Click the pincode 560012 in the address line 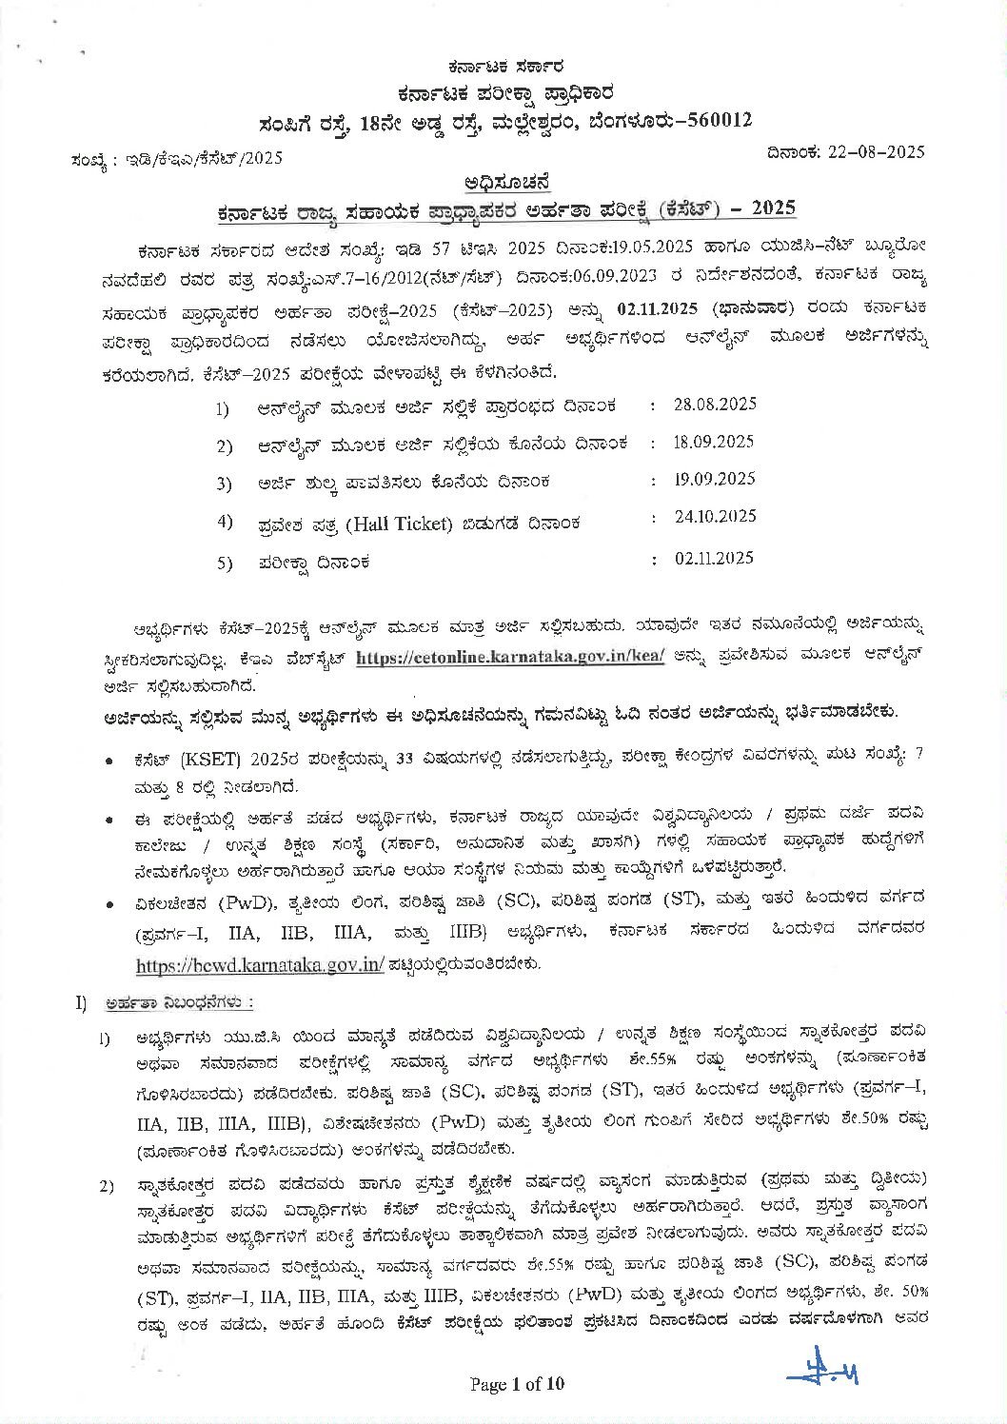[717, 120]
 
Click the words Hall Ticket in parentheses [399, 524]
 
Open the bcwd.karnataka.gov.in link [260, 964]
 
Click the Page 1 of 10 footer [517, 1383]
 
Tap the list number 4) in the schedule [225, 521]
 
